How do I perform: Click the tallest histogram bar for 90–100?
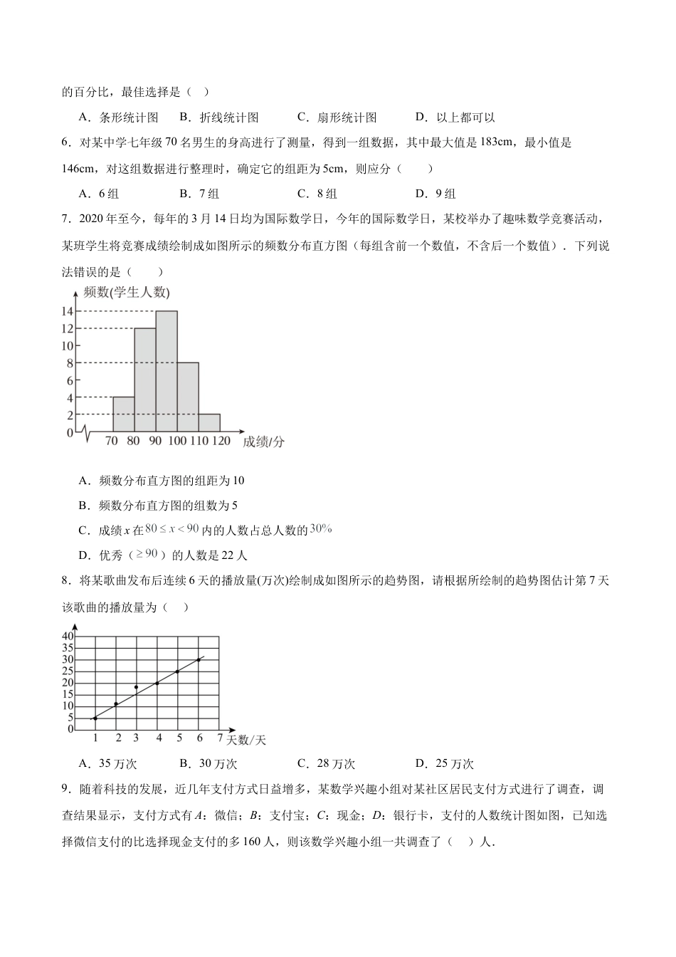click(x=167, y=370)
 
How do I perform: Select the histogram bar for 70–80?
click(x=124, y=414)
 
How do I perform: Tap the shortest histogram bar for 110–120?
click(x=209, y=423)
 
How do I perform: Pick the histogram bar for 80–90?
click(x=145, y=379)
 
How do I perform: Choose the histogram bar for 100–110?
click(x=188, y=397)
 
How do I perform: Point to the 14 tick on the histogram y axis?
click(x=68, y=311)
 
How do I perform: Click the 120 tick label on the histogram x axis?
click(x=221, y=441)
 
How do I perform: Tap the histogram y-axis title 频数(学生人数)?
click(x=126, y=292)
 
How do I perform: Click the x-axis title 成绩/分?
click(x=263, y=441)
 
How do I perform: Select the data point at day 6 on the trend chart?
click(x=199, y=659)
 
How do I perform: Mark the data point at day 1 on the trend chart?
click(x=95, y=718)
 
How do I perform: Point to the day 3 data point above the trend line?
click(x=136, y=687)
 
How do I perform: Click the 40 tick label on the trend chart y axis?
click(x=68, y=636)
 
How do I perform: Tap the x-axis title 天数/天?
click(x=246, y=740)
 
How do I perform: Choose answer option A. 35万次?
click(x=108, y=764)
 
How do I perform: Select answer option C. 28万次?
click(x=327, y=764)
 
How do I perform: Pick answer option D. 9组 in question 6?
click(x=435, y=194)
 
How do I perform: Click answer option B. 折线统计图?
click(x=219, y=117)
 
